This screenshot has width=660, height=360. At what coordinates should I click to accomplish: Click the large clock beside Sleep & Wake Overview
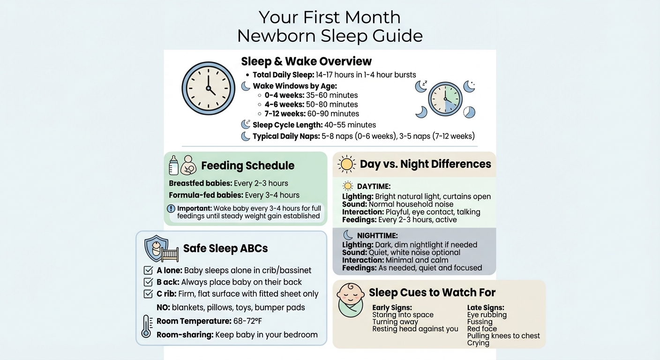[x=208, y=88]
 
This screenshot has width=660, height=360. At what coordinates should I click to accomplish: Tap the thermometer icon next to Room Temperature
[x=146, y=327]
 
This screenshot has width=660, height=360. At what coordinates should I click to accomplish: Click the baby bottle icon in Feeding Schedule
[x=174, y=165]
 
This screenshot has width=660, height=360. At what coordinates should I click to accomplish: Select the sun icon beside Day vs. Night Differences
[x=347, y=164]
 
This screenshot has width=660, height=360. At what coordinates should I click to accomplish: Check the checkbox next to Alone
[x=148, y=270]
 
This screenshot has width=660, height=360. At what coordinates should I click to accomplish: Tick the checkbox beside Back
[x=148, y=282]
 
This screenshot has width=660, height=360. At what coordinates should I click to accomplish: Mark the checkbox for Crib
[x=148, y=294]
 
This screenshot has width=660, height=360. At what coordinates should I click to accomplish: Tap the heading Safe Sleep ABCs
[x=225, y=248]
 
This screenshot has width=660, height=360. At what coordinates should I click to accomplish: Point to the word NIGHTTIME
[x=377, y=235]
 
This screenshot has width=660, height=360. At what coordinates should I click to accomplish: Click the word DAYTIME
[x=374, y=187]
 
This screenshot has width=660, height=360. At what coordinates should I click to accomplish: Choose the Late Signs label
[x=486, y=307]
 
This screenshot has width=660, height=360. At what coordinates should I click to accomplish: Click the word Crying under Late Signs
[x=478, y=343]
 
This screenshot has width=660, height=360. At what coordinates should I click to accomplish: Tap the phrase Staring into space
[x=403, y=315]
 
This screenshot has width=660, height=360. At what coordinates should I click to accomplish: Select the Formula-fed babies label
[x=205, y=195]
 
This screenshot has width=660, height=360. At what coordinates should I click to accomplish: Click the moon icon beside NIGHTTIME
[x=348, y=235]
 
